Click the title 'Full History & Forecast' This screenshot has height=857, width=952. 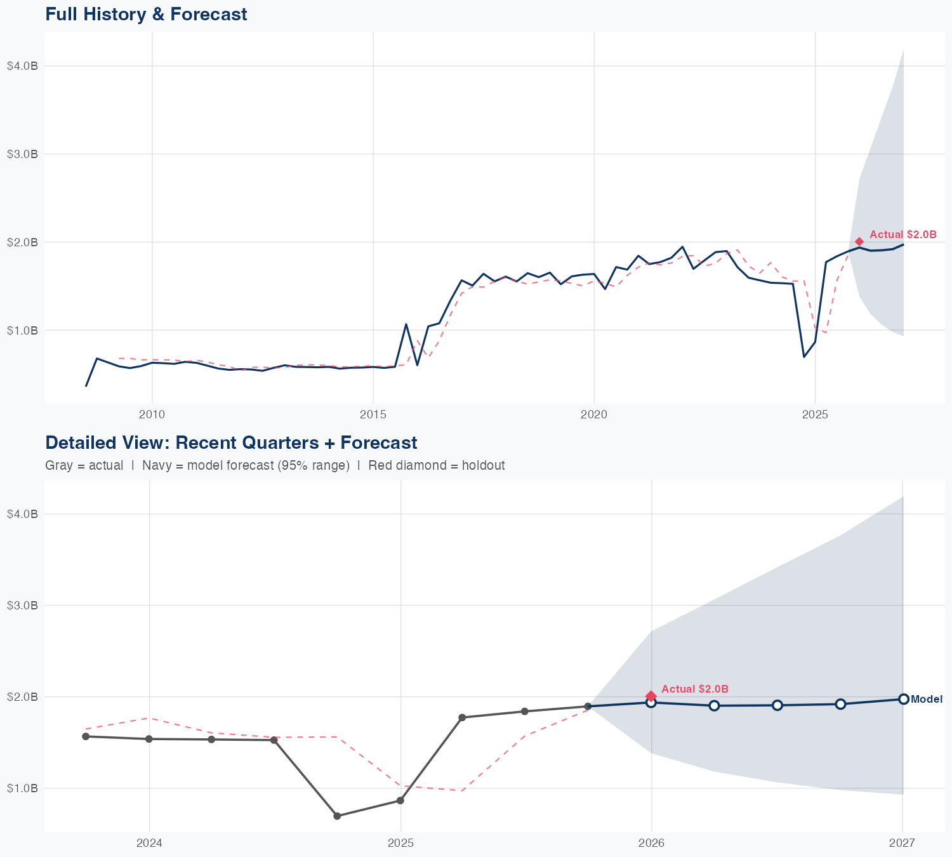coord(146,14)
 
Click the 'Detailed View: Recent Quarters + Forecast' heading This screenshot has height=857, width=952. coord(231,442)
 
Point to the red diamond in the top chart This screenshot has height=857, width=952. coord(859,241)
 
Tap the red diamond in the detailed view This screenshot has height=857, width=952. coord(651,696)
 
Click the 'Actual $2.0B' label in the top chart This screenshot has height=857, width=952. coord(902,234)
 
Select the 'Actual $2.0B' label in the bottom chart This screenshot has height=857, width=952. coord(694,689)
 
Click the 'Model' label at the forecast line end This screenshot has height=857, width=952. coord(926,699)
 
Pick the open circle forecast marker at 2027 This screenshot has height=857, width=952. coord(903,699)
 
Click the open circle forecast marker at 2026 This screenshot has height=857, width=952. coord(651,702)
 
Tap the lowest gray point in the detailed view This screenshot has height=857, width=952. coord(337,816)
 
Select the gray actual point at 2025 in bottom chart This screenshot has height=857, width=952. coord(400,801)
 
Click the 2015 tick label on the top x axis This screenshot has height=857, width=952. coord(373,415)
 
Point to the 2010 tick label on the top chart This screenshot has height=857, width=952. coord(152,415)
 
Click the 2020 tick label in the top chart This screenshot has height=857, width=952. coord(593,415)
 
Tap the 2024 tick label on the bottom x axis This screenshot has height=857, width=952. coord(149,843)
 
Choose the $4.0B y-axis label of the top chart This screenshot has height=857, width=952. coord(22,66)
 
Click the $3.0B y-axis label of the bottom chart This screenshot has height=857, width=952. coord(22,605)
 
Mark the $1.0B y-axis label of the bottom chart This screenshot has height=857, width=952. coord(22,788)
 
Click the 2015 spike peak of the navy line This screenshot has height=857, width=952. coord(406,324)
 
